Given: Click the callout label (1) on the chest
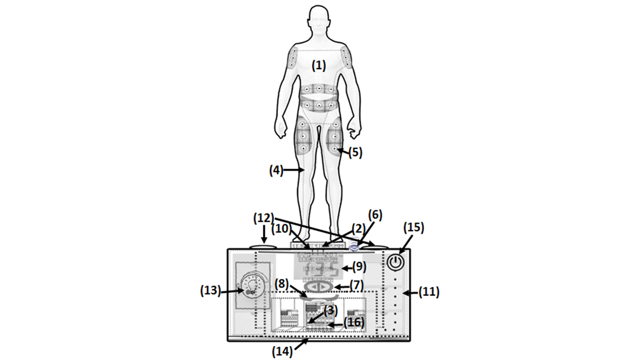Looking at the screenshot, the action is (x=318, y=65).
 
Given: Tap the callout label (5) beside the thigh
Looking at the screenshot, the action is (x=355, y=152).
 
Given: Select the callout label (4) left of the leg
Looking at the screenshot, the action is (x=276, y=170).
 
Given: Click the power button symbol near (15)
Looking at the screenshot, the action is (x=395, y=261).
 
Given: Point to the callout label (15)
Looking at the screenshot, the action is (x=413, y=227).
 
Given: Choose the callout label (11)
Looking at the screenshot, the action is (x=429, y=292).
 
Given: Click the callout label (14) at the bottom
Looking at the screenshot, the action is (x=282, y=352).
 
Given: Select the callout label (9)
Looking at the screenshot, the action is (x=359, y=266).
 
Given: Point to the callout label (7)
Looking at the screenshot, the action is (x=356, y=285).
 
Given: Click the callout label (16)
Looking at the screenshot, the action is (x=354, y=322).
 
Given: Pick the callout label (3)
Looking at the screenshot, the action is (x=330, y=310).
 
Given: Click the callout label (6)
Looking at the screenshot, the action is (x=375, y=215).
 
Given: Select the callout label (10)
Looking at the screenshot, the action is (x=282, y=228).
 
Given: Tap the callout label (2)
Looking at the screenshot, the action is (x=358, y=228).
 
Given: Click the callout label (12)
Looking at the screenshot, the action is (x=263, y=218).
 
